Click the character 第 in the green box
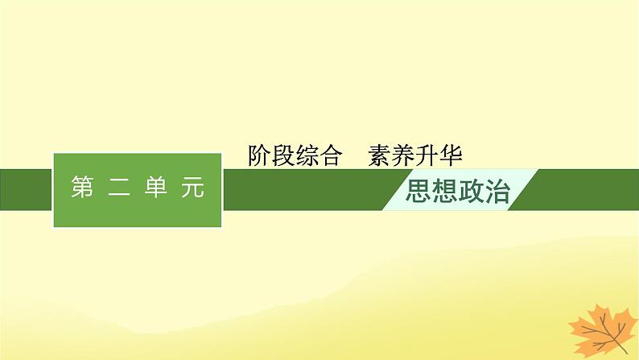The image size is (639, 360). pyautogui.click(x=83, y=188)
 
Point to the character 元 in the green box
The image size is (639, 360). pyautogui.click(x=193, y=188)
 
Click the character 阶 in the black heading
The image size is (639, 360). pyautogui.click(x=261, y=155)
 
